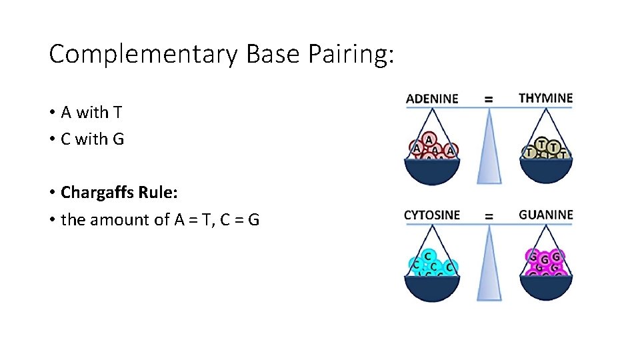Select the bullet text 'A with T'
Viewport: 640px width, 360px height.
click(x=91, y=113)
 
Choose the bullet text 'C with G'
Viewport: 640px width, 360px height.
click(x=92, y=139)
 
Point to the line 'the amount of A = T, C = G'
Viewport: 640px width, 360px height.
click(x=160, y=219)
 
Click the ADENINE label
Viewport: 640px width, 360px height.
click(x=432, y=99)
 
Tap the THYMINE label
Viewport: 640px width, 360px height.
click(x=545, y=98)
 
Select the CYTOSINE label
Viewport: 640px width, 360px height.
click(x=432, y=215)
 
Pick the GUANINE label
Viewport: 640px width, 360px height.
click(x=545, y=215)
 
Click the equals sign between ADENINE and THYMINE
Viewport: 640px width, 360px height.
click(x=489, y=99)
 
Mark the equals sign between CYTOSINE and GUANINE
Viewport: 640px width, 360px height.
click(x=489, y=215)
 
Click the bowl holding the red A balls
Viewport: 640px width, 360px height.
click(x=432, y=171)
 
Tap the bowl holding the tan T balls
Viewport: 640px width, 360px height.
click(x=545, y=171)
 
